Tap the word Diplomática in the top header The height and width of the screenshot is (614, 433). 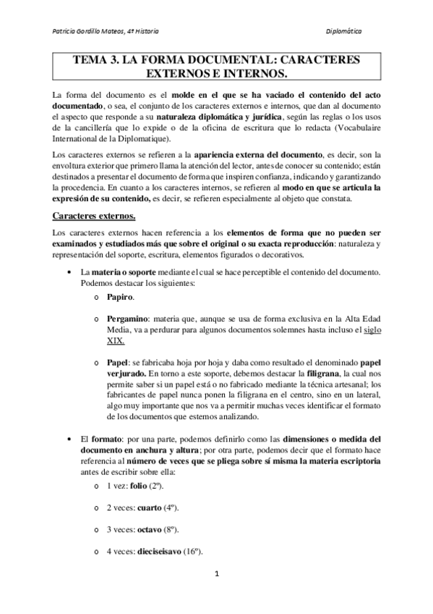(344, 32)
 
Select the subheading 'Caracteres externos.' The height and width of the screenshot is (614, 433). (93, 216)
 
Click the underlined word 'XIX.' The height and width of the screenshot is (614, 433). (115, 340)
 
